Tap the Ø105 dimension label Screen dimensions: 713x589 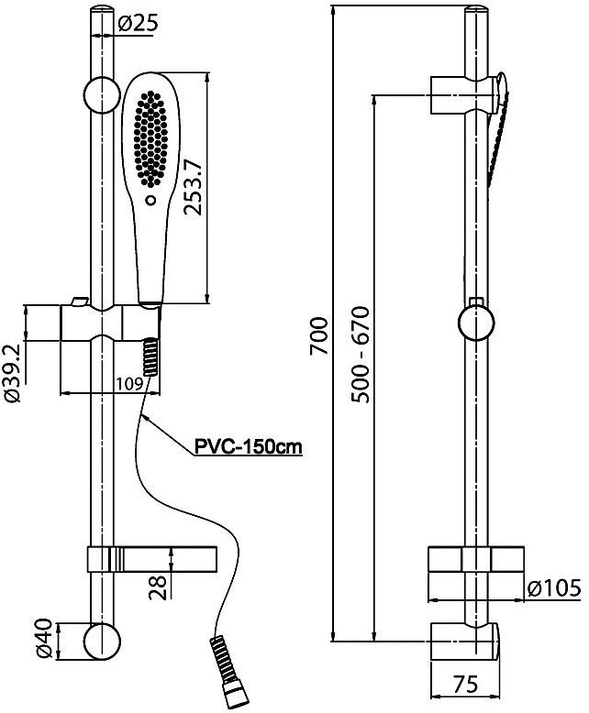click(x=553, y=588)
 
